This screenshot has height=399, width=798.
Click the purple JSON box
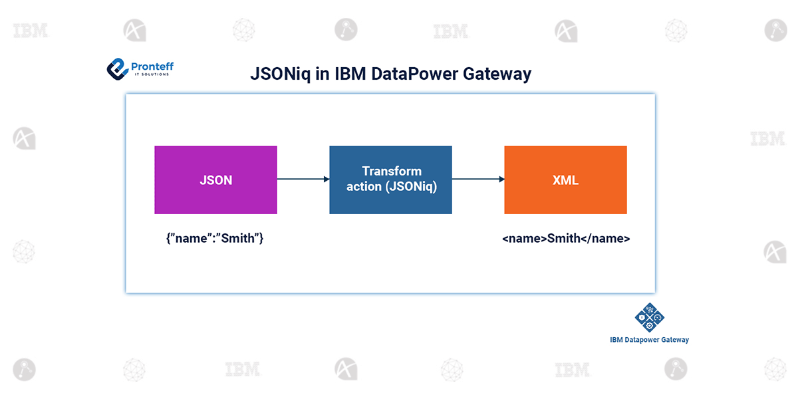215,180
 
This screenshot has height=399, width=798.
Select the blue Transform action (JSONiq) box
390,180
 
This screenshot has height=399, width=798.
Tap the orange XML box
565,180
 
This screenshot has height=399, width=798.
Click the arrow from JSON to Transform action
303,179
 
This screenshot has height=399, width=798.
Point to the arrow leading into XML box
478,179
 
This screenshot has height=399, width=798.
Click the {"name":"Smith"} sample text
215,238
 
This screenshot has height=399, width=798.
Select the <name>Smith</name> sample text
566,238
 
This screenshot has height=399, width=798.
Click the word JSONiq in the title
281,74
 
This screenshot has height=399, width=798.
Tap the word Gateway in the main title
497,74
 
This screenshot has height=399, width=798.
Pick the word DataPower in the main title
415,74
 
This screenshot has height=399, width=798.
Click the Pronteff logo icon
118,69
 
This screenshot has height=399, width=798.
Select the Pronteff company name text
152,66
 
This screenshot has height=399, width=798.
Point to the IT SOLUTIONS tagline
152,74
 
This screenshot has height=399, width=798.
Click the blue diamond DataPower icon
650,317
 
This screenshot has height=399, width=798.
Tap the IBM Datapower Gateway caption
650,340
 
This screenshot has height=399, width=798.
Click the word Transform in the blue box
392,171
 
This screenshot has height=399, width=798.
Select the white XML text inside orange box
565,180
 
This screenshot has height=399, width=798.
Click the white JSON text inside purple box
216,180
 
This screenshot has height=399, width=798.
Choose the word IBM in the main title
350,74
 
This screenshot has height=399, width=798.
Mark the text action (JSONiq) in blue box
392,186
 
